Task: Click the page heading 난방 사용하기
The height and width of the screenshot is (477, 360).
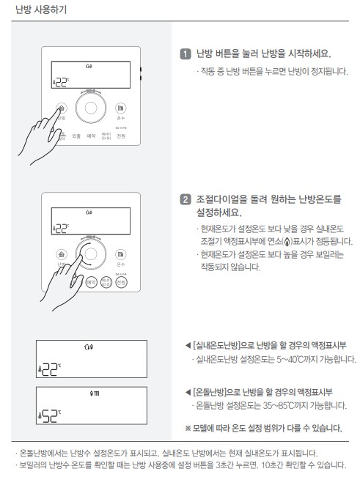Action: tap(34, 9)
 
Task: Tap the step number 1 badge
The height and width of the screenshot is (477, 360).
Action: tap(185, 53)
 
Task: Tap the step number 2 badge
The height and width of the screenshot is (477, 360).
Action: tap(185, 199)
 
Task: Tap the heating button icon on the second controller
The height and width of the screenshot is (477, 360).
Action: tap(61, 252)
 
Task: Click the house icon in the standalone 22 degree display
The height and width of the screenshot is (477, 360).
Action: tap(89, 346)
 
